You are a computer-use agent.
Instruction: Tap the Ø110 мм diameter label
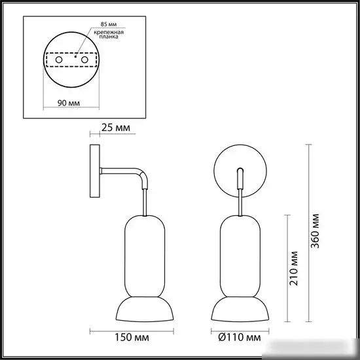tap(241, 338)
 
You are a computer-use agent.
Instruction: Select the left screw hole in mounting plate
tap(59, 60)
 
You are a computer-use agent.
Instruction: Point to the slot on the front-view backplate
tap(240, 177)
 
